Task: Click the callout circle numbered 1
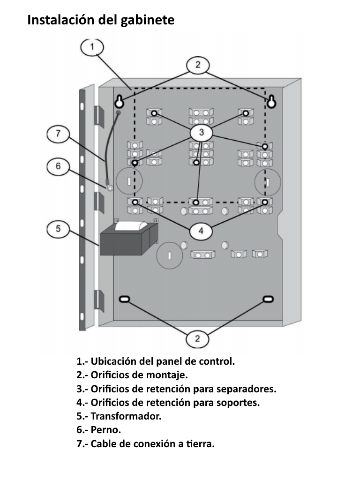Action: (92, 47)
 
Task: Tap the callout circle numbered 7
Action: (58, 134)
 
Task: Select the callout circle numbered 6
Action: (58, 166)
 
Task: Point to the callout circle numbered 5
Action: (58, 229)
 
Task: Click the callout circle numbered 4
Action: (201, 230)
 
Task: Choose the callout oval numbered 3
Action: (201, 133)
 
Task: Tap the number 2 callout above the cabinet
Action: (198, 65)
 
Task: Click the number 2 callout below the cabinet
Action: (197, 338)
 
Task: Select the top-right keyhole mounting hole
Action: (271, 101)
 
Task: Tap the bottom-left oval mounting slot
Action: (124, 299)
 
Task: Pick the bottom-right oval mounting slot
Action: (267, 299)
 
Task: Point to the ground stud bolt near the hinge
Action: (109, 188)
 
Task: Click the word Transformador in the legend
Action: (126, 416)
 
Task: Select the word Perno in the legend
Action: (105, 430)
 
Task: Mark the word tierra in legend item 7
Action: (200, 444)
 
